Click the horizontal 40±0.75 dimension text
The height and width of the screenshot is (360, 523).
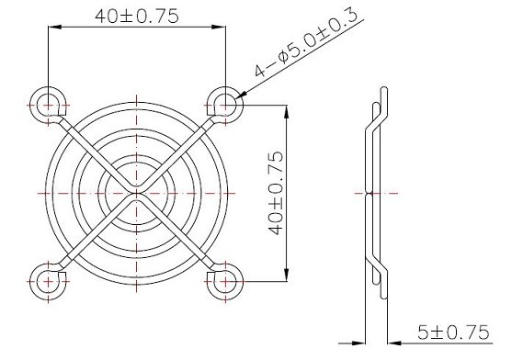tap(137, 16)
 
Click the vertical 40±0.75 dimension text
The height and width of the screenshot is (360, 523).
tap(276, 194)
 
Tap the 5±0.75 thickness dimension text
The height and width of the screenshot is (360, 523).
tap(453, 332)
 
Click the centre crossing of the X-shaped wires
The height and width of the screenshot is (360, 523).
tap(136, 194)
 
